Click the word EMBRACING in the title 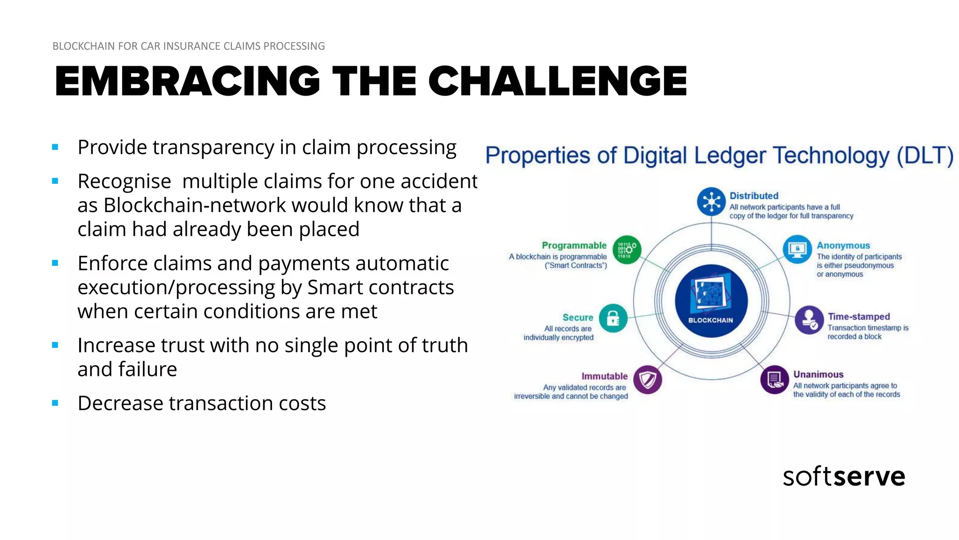tap(187, 81)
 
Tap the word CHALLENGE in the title tap(557, 81)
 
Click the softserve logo tap(844, 476)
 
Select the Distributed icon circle tap(711, 202)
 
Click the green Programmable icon tap(627, 249)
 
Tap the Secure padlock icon tap(613, 318)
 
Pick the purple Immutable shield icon tap(648, 379)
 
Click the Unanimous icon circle tap(775, 379)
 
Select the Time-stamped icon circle tap(809, 320)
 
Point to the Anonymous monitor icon tap(797, 249)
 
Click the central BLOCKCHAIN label tap(710, 320)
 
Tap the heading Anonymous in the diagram tap(843, 246)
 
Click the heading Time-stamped tap(858, 317)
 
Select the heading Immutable tap(604, 376)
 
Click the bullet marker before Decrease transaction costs tap(55, 403)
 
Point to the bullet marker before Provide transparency tap(55, 147)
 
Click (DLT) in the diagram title tap(925, 156)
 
